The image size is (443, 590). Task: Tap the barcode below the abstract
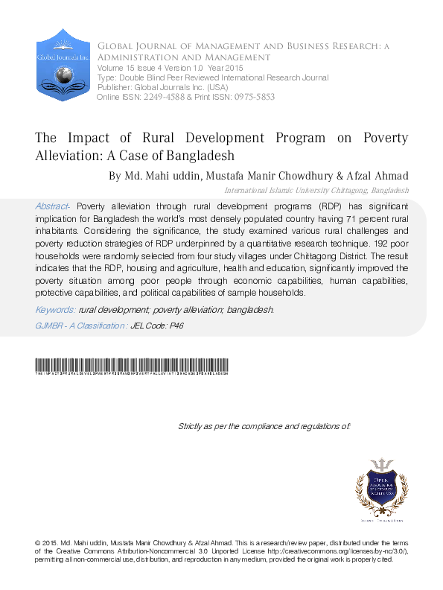tap(132, 366)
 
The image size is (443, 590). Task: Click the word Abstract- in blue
tap(54, 205)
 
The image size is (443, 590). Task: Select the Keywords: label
tap(55, 308)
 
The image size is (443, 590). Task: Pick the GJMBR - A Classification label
tap(81, 326)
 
